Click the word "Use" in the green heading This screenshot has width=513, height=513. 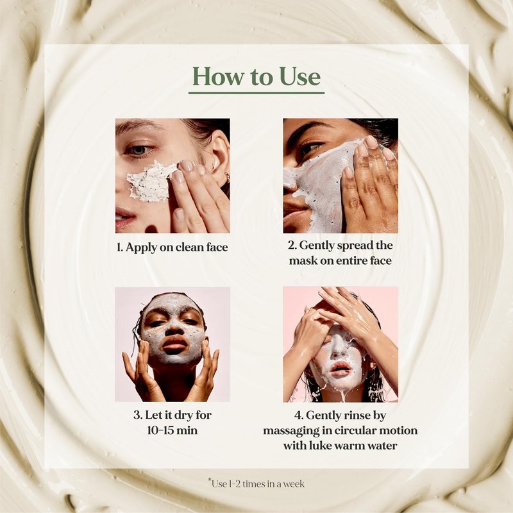point(299,76)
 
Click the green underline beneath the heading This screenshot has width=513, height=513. point(256,93)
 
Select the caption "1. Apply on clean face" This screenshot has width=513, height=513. point(172,248)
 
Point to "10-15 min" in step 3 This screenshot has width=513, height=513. point(172,430)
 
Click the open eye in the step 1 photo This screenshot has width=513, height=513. point(139,151)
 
